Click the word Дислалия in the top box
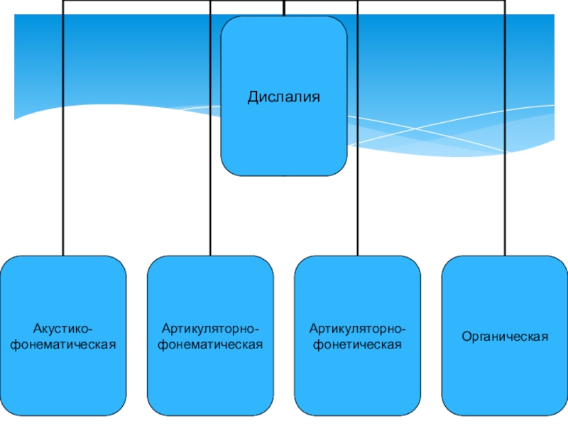[284, 95]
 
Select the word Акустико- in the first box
[63, 329]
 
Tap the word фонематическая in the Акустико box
[63, 344]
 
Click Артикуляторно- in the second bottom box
[210, 329]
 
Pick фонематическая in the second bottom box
[210, 344]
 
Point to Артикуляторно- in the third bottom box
[358, 329]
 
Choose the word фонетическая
[358, 344]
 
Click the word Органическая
[505, 336]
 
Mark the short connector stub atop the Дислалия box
[284, 9]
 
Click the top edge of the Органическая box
[505, 256]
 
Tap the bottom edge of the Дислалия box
[284, 175]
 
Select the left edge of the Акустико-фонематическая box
[1, 336]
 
